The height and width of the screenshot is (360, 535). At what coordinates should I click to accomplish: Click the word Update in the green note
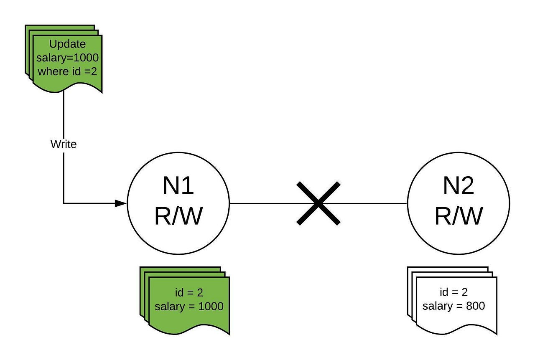click(x=67, y=44)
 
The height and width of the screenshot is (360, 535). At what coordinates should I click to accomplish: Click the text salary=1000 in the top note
click(x=67, y=57)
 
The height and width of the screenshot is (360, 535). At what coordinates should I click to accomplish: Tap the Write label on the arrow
click(x=64, y=144)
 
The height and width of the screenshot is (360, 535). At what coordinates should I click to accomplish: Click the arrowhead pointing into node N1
click(x=121, y=203)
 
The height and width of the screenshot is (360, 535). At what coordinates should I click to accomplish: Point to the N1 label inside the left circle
click(x=178, y=186)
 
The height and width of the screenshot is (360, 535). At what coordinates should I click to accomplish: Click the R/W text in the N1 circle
click(x=178, y=216)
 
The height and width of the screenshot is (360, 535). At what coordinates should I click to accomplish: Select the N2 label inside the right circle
click(x=459, y=186)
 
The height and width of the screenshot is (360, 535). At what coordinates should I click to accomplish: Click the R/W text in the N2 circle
click(x=459, y=216)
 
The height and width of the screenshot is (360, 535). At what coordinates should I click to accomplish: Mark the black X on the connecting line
click(x=318, y=203)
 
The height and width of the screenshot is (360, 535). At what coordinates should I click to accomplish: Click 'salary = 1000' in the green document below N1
click(x=189, y=306)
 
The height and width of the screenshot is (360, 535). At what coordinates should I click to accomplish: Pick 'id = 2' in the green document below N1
click(x=189, y=293)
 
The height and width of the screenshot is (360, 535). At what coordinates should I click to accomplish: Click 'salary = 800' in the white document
click(x=453, y=306)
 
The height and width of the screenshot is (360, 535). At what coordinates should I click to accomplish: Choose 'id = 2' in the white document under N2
click(x=453, y=292)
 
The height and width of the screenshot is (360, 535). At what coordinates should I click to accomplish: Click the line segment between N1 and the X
click(x=263, y=203)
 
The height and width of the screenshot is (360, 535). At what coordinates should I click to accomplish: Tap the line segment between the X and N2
click(x=372, y=203)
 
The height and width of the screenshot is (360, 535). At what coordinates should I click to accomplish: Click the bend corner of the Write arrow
click(x=64, y=203)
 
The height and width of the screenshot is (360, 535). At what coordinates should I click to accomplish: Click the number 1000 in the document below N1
click(x=211, y=306)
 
